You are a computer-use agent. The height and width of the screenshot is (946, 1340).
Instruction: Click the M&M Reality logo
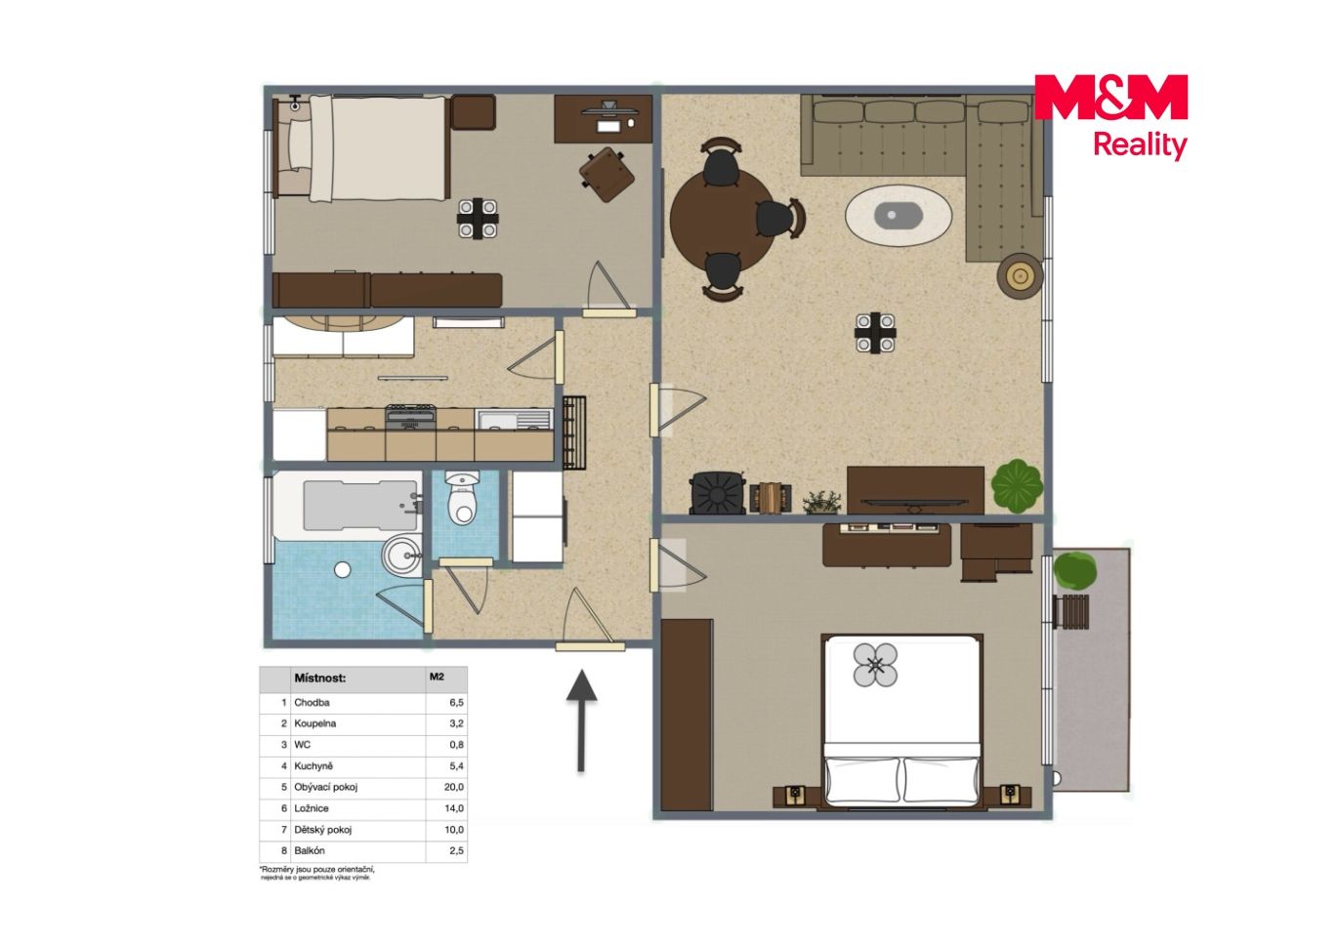tap(1110, 117)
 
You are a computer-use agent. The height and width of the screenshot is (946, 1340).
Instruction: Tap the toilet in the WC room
tap(463, 497)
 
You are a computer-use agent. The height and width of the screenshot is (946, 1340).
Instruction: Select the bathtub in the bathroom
tap(348, 506)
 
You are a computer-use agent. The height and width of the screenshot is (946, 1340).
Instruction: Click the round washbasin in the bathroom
tap(402, 555)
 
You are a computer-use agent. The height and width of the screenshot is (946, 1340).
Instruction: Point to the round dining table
tap(723, 220)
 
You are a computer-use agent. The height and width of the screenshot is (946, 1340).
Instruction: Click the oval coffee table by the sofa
tap(898, 215)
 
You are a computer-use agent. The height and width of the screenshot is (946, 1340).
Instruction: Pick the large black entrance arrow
tap(581, 720)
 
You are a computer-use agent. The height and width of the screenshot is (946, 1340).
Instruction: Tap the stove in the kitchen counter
tap(410, 417)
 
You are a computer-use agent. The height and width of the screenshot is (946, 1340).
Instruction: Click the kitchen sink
tap(514, 419)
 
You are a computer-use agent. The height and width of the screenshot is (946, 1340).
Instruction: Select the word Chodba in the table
tap(312, 703)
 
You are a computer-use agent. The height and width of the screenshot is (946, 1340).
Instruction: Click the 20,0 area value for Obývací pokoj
tap(453, 787)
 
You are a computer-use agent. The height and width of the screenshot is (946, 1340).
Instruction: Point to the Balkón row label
tap(310, 850)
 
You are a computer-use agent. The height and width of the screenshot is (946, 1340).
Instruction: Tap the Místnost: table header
tap(319, 679)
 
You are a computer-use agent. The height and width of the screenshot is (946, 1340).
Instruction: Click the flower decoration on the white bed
tap(875, 665)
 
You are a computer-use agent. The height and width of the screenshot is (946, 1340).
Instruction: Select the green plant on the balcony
tap(1075, 570)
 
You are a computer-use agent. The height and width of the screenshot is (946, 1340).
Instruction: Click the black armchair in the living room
tap(718, 493)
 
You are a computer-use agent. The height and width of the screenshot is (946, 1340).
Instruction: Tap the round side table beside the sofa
tap(1020, 275)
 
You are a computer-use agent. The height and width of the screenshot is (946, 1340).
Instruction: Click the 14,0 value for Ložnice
tap(453, 808)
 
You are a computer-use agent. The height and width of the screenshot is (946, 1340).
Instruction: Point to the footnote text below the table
tap(317, 873)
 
